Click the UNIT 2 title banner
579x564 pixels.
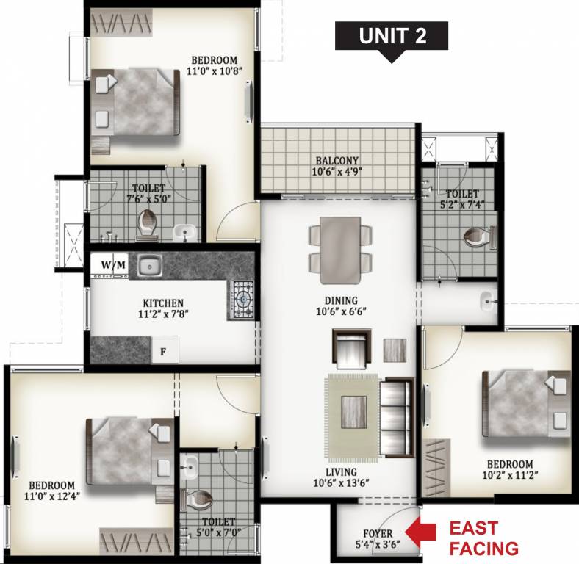[392, 36]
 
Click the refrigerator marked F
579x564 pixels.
[165, 351]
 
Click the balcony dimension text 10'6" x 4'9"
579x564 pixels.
[337, 173]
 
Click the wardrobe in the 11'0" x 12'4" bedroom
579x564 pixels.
[133, 541]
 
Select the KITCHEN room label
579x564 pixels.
[163, 303]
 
